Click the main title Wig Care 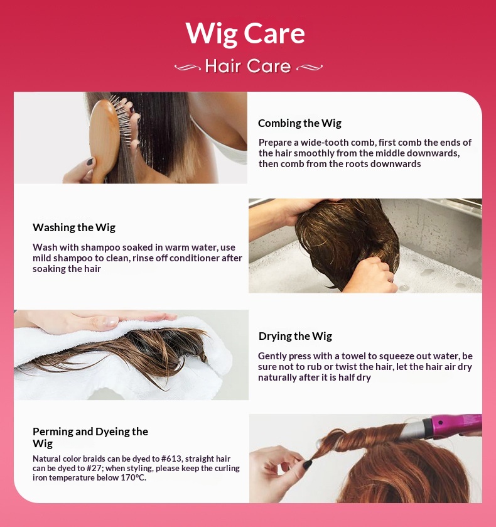point(245,34)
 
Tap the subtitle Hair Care point(248,66)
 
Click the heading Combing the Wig point(299,123)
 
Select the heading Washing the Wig point(74,227)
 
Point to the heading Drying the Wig point(295,336)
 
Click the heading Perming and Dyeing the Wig point(90,437)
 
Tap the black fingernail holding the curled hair point(307,465)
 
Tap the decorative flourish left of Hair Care point(188,68)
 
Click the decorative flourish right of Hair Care point(310,68)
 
